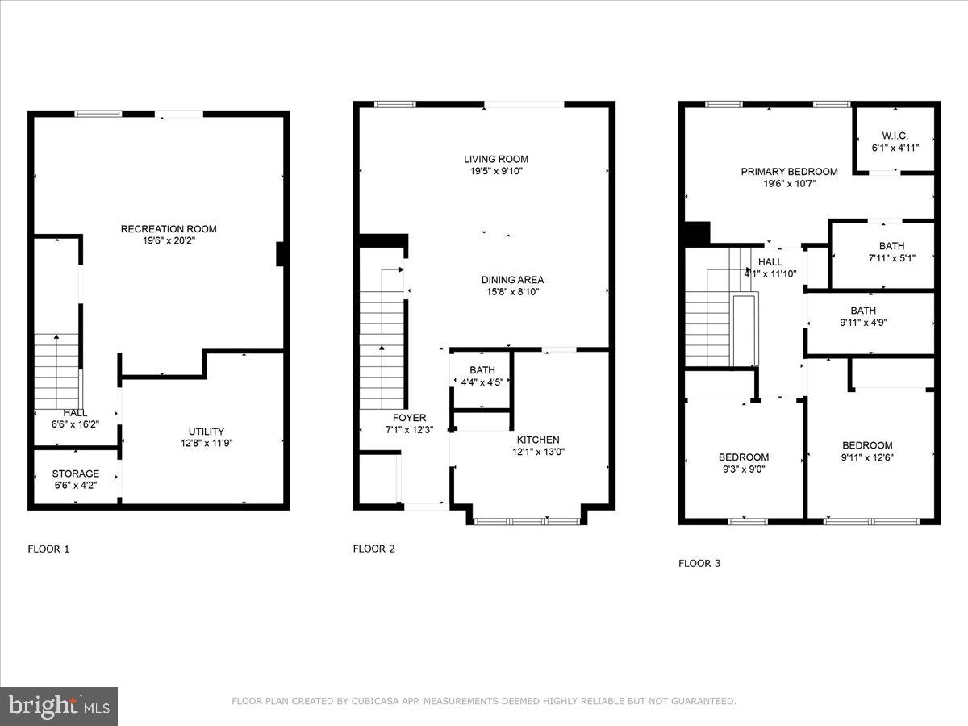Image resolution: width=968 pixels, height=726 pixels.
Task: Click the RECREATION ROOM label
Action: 169,229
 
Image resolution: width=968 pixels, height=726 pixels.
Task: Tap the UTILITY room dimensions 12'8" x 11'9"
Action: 207,443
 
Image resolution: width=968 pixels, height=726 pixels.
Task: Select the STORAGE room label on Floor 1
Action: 76,474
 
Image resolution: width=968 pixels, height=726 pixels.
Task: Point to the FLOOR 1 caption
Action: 48,549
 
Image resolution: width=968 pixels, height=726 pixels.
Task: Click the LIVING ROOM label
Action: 496,159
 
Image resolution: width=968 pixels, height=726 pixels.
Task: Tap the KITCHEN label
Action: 538,440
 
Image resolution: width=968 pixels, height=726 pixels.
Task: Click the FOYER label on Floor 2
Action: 409,418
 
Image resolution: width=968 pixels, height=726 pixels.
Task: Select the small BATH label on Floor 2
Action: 482,370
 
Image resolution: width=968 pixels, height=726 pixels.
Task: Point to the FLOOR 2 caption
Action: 373,549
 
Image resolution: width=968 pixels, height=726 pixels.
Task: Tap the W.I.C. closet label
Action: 895,136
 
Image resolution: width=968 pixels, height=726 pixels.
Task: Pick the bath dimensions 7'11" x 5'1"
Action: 892,258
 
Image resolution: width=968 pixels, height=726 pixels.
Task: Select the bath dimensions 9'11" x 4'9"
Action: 862,323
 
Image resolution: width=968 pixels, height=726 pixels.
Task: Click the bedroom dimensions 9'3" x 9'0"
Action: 744,469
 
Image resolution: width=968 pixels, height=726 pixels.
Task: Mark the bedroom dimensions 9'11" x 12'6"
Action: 867,457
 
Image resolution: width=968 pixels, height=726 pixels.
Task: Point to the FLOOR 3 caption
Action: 699,564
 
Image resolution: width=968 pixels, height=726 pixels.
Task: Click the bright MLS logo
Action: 59,707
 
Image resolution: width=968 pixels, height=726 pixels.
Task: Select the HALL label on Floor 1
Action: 75,412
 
